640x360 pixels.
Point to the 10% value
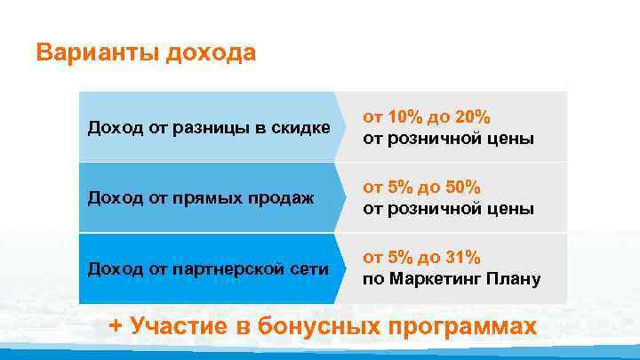pyautogui.click(x=406, y=118)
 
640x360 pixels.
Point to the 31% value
pyautogui.click(x=463, y=258)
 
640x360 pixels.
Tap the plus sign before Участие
pyautogui.click(x=115, y=325)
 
